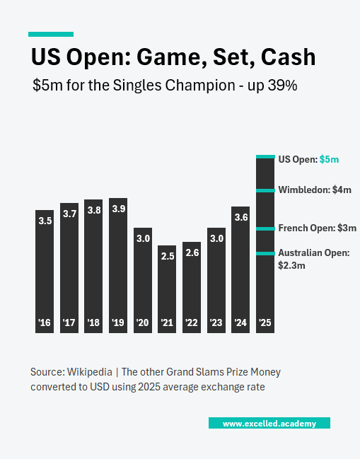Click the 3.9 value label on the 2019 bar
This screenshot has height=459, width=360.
(118, 209)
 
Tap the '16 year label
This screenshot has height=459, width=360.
(45, 323)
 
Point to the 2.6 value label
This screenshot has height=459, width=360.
(192, 252)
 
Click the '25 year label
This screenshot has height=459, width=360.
(265, 323)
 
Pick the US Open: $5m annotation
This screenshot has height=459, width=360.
(308, 160)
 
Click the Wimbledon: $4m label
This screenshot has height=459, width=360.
(314, 190)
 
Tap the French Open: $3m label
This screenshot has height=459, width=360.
(317, 228)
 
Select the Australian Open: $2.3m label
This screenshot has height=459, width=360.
(313, 259)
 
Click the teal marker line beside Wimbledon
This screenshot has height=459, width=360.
(265, 190)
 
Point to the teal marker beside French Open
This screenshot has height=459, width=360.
(265, 228)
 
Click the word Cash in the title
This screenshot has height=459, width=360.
(286, 57)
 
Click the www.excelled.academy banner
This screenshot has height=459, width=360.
(269, 423)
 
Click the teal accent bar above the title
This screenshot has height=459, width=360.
(51, 34)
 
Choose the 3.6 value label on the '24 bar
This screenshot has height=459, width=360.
(240, 217)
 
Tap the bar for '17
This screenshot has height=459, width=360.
(69, 269)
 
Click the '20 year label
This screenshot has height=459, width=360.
(143, 323)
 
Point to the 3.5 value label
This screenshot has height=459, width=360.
(45, 221)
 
